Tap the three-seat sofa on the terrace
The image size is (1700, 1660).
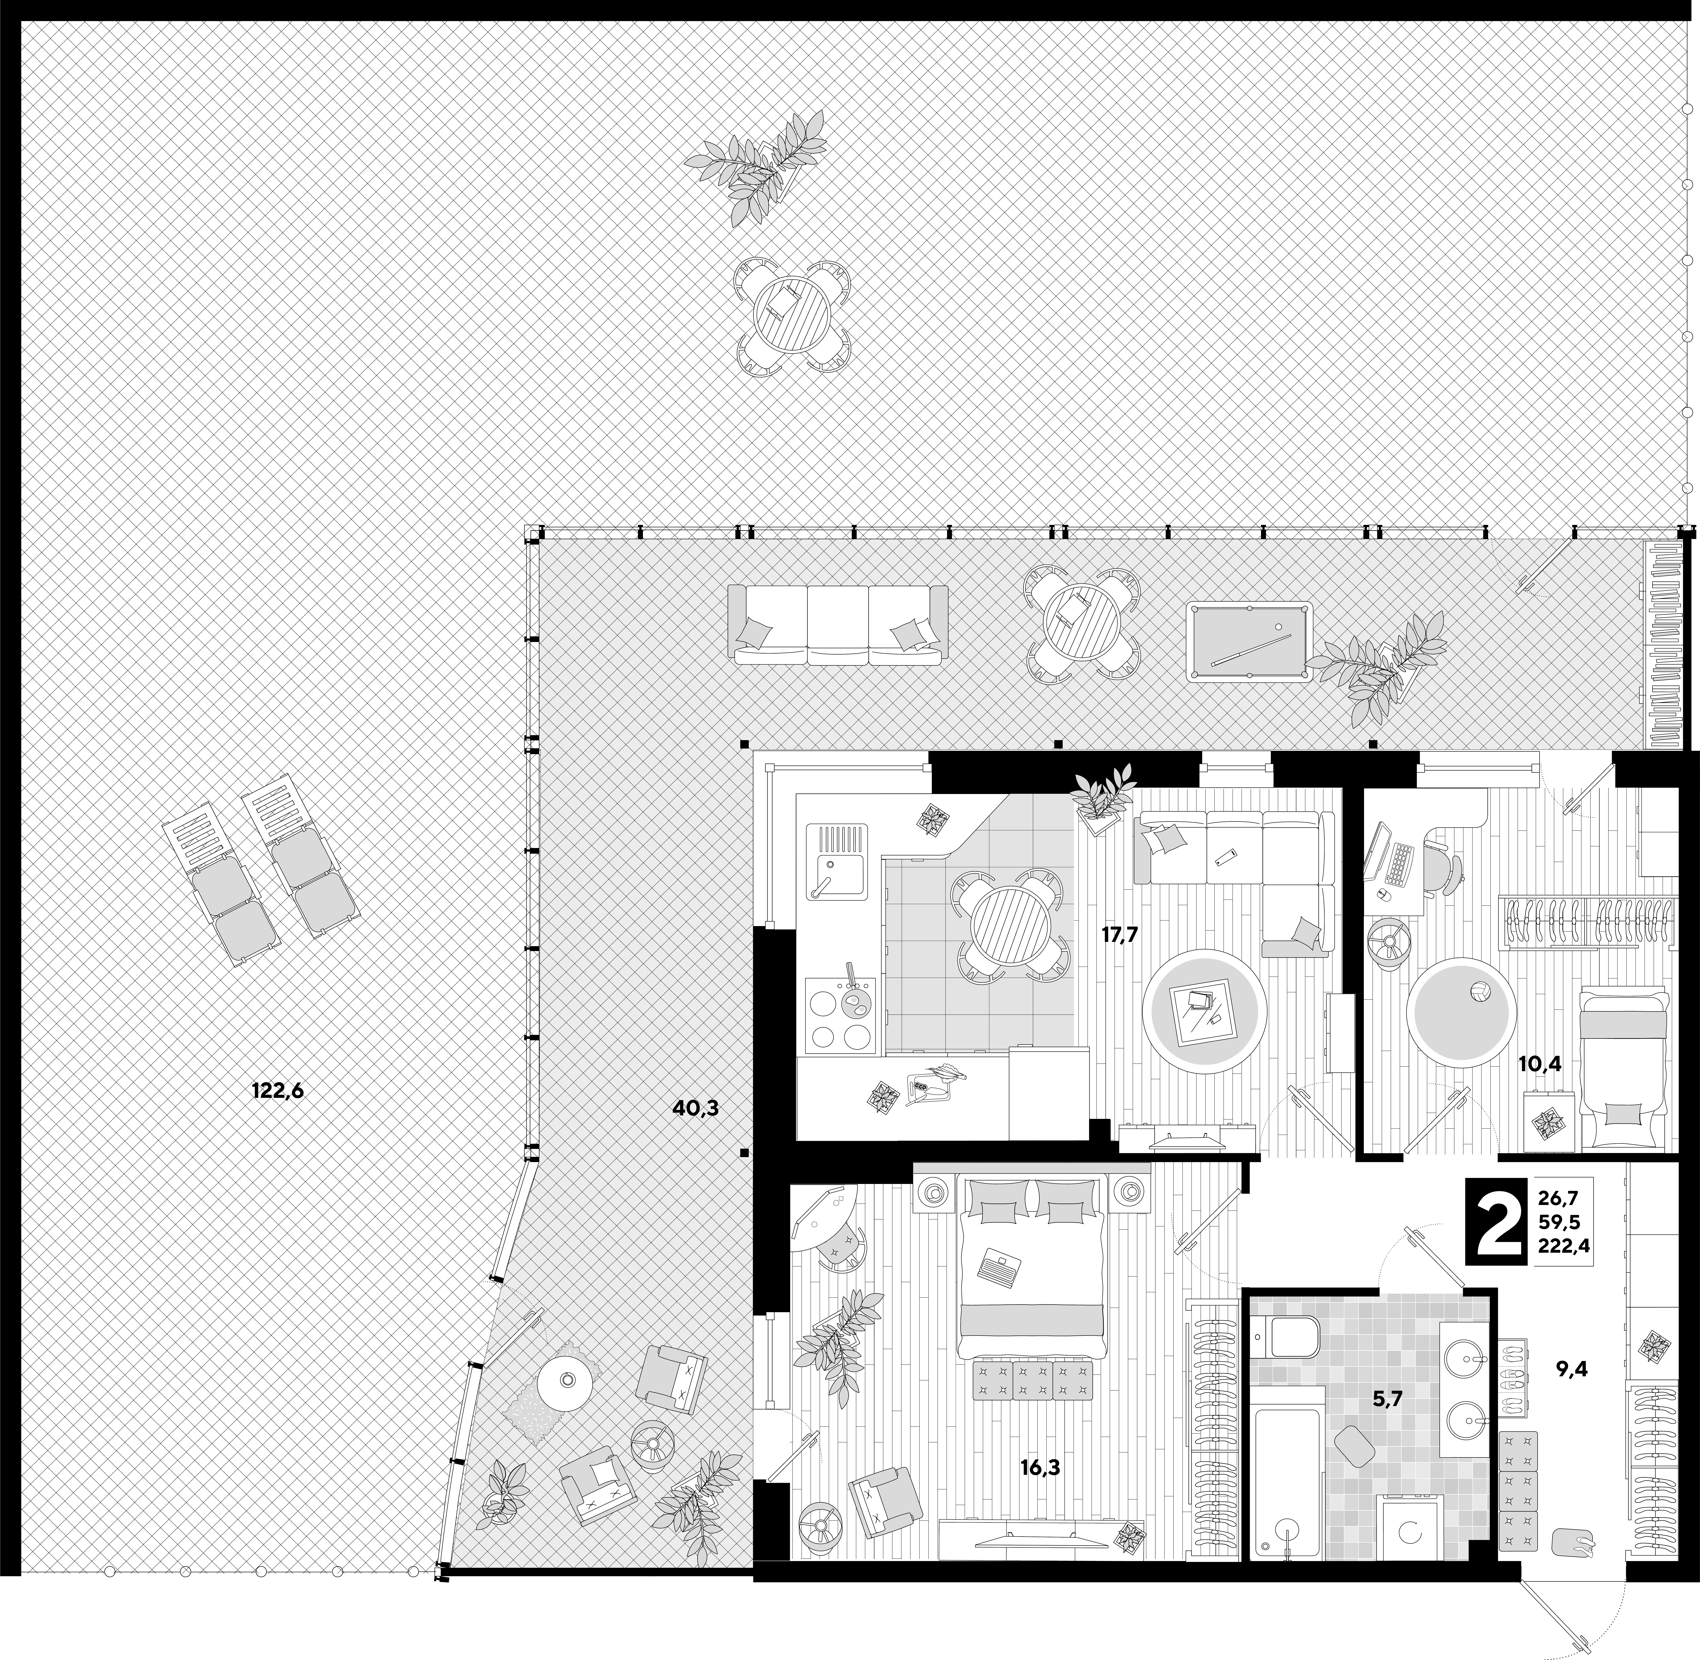coord(838,625)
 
